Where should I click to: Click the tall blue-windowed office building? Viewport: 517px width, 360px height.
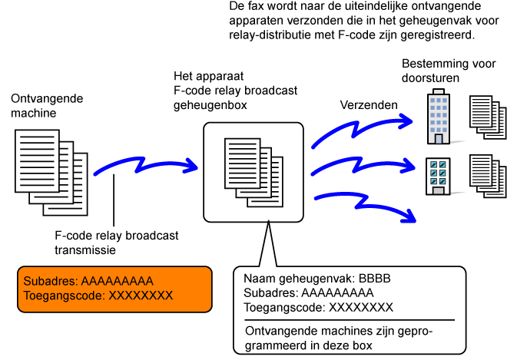point(438,117)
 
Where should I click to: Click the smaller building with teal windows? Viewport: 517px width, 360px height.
point(438,177)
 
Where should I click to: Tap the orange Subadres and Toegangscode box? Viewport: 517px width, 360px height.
point(114,289)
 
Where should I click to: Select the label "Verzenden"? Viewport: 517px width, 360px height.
point(369,105)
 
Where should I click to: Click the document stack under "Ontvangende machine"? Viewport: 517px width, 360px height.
point(51,173)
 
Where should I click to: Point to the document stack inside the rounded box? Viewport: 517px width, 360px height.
point(254,173)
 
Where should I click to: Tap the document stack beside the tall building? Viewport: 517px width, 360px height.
point(488,117)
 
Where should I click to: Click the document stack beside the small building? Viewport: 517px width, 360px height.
point(488,177)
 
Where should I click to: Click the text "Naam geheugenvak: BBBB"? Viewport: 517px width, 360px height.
point(316,279)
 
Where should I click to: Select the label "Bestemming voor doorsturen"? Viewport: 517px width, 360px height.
point(449,71)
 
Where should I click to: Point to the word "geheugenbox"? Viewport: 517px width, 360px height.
point(210,105)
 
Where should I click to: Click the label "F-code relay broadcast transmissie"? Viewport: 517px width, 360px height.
point(117,243)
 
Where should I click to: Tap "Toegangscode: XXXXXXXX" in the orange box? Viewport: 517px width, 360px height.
point(98,296)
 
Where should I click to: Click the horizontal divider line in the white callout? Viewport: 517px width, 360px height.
point(350,320)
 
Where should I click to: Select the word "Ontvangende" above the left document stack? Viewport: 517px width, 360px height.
point(47,98)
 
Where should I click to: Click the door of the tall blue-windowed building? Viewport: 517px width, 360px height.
point(439,139)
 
